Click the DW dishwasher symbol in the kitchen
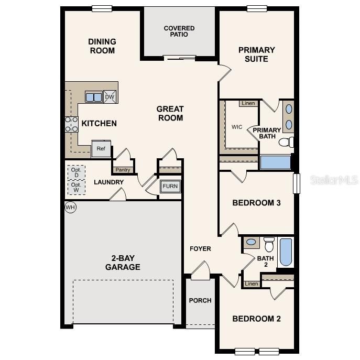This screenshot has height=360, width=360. (110, 96)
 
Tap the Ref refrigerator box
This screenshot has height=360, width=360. (101, 149)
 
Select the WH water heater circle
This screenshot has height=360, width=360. (70, 208)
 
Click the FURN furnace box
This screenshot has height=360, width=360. (170, 187)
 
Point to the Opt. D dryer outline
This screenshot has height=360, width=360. (76, 172)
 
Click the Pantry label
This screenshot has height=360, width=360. (123, 170)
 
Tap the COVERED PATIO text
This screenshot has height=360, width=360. (179, 31)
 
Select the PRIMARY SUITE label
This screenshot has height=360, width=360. (256, 54)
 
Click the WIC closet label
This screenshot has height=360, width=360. (237, 127)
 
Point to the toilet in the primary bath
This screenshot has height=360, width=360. (286, 142)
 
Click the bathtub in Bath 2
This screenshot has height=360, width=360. (286, 252)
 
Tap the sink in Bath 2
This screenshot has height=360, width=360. (251, 242)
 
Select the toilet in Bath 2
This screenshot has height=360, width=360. (269, 244)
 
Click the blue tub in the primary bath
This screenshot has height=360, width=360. (275, 162)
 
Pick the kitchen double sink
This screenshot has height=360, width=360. (94, 97)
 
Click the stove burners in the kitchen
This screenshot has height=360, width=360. (71, 125)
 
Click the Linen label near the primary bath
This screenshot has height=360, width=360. (248, 103)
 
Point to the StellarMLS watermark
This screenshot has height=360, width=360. (334, 180)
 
